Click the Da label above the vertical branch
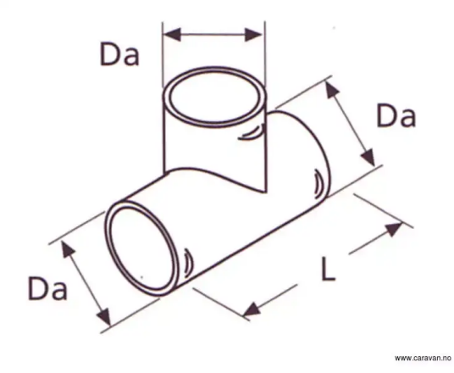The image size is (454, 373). click(119, 54)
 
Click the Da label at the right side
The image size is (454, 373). click(396, 116)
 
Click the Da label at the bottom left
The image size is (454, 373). click(47, 288)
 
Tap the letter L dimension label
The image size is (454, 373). click(329, 269)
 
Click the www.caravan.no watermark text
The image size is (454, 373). click(423, 358)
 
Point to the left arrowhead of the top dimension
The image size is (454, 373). click(172, 35)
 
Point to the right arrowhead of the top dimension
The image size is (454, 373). click(253, 35)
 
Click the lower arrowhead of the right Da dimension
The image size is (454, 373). click(369, 157)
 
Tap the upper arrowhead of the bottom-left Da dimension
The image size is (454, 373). click(67, 248)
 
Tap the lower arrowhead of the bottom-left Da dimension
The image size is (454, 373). click(104, 316)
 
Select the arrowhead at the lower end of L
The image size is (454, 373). click(252, 309)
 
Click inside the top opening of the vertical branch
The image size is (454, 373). click(214, 97)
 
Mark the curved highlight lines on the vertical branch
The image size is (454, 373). click(252, 132)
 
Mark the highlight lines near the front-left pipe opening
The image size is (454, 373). click(188, 262)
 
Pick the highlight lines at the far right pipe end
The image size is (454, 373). click(318, 184)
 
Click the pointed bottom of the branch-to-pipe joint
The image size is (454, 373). click(265, 192)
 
